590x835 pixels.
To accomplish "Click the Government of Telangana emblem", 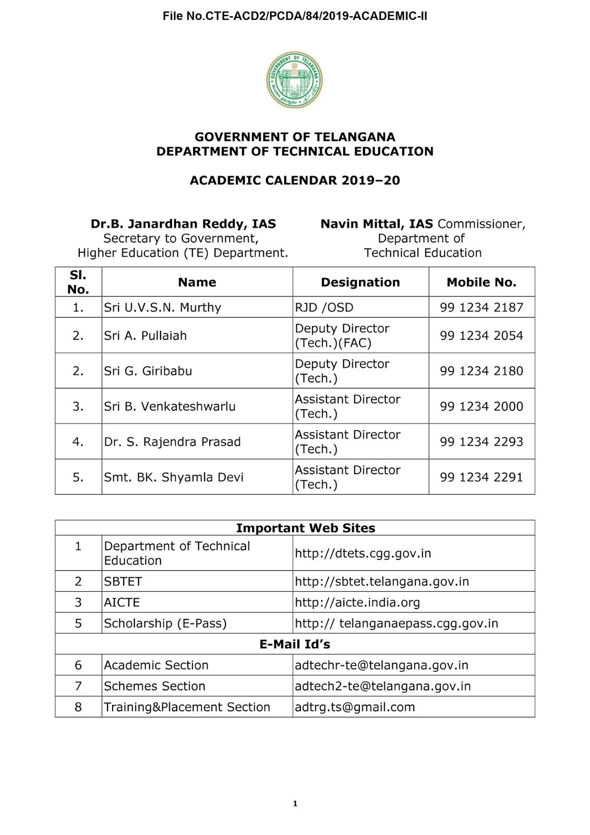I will (294, 80).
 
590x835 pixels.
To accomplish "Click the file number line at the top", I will (295, 16).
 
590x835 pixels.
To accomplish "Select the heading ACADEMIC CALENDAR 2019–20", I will (295, 181).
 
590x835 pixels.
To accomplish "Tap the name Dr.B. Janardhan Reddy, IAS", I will (183, 224).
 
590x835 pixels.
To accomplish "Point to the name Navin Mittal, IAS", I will (377, 224).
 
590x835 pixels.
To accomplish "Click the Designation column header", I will (360, 282).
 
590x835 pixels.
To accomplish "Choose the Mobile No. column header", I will (481, 282).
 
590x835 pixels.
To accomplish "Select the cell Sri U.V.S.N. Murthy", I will (162, 307).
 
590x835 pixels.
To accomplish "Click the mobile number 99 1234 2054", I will (481, 336).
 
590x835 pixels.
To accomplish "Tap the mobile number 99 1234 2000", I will (481, 407).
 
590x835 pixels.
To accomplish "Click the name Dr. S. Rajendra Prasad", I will (172, 442).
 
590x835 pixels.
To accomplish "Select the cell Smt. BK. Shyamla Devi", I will (173, 478).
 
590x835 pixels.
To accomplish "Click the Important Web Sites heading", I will (305, 528).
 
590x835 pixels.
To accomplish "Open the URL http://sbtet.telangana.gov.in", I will (382, 581).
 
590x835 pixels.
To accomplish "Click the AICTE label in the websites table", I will (122, 602).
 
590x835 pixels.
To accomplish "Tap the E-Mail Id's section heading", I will (295, 645).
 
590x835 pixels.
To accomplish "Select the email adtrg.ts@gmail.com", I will (355, 707).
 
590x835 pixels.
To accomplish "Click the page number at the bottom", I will (295, 804).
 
